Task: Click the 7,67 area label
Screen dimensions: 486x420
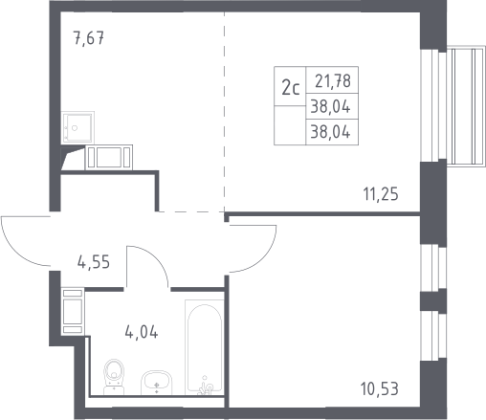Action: click(x=89, y=38)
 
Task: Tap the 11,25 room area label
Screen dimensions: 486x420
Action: click(x=381, y=194)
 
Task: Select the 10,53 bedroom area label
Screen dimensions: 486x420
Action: click(x=380, y=389)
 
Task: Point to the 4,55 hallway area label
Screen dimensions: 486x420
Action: click(x=94, y=262)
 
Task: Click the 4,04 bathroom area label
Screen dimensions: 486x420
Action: click(x=142, y=332)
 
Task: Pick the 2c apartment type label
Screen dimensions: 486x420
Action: click(x=290, y=88)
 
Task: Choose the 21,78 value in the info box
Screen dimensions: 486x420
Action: click(x=333, y=80)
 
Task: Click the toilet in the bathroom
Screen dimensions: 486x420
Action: click(x=114, y=377)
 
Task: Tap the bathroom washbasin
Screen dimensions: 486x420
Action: click(x=156, y=383)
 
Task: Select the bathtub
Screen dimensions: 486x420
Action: click(x=205, y=347)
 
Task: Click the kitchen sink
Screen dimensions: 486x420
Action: click(x=77, y=127)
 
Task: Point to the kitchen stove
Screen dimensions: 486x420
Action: click(x=109, y=157)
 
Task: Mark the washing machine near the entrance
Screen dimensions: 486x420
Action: click(x=73, y=311)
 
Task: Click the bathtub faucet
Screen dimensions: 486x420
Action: click(x=205, y=387)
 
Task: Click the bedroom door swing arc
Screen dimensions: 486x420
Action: click(x=263, y=259)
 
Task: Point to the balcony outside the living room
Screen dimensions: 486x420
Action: click(x=466, y=106)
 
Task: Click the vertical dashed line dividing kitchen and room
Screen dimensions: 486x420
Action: click(x=224, y=112)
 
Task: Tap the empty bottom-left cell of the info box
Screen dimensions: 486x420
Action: click(x=290, y=125)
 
